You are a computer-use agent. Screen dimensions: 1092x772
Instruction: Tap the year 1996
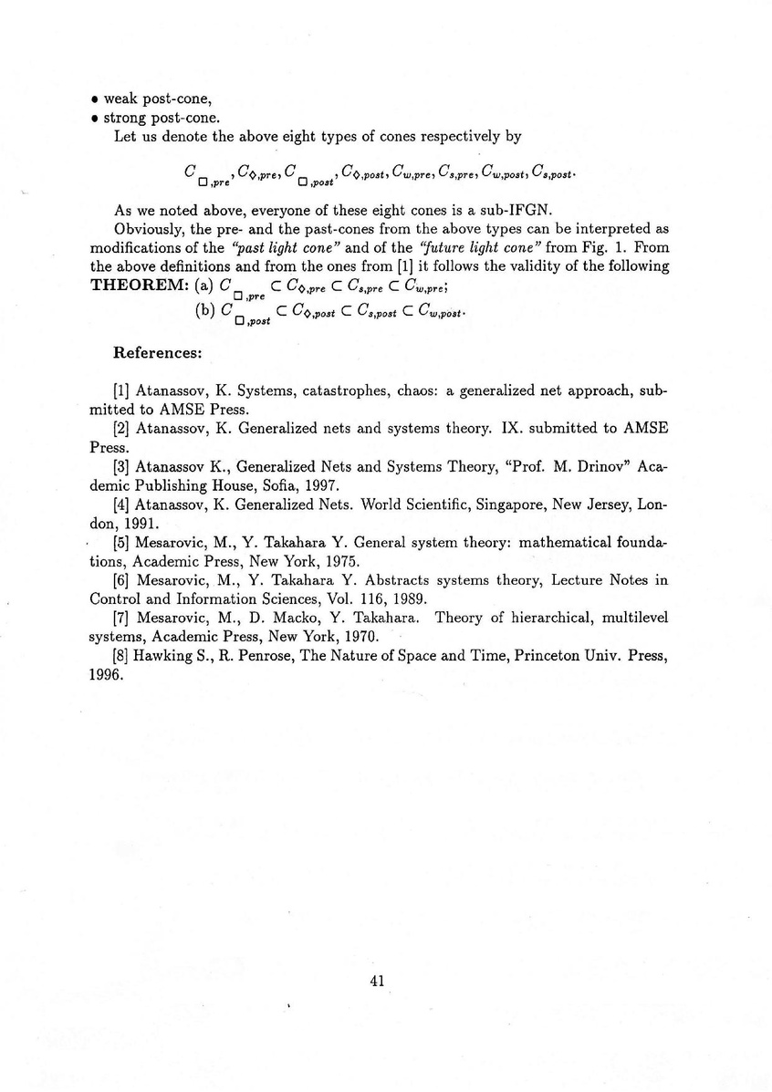pyautogui.click(x=106, y=676)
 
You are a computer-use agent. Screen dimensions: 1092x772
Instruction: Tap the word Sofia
pyautogui.click(x=270, y=483)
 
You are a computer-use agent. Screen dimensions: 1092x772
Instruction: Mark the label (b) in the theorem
pyautogui.click(x=205, y=310)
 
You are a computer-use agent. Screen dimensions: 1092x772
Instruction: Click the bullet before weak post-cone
pyautogui.click(x=95, y=100)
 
